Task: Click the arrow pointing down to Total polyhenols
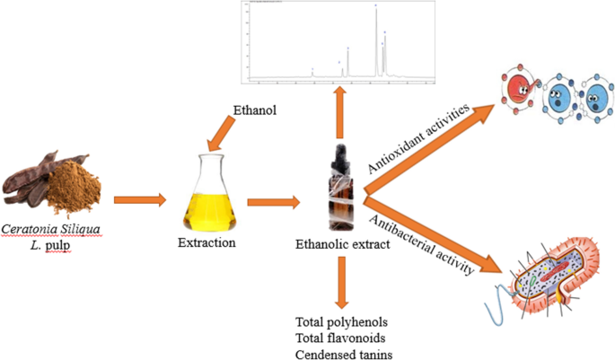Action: [x=341, y=282]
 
